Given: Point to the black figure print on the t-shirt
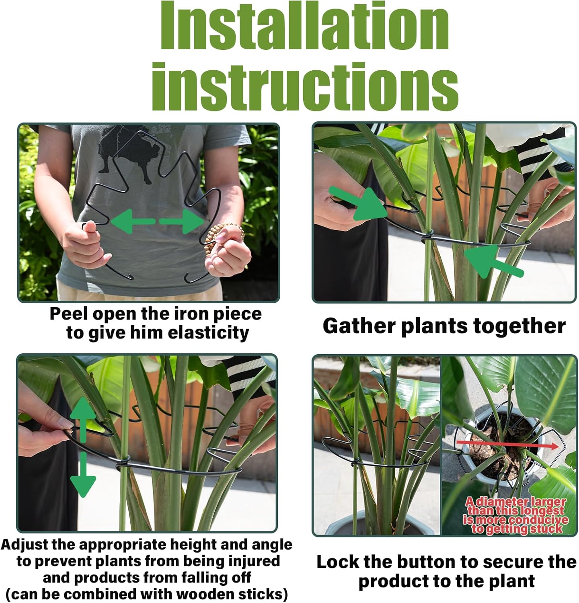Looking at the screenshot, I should pyautogui.click(x=125, y=153).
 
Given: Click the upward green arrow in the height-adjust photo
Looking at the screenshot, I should pyautogui.click(x=83, y=418).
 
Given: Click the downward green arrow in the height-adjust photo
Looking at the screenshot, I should pyautogui.click(x=83, y=476).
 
